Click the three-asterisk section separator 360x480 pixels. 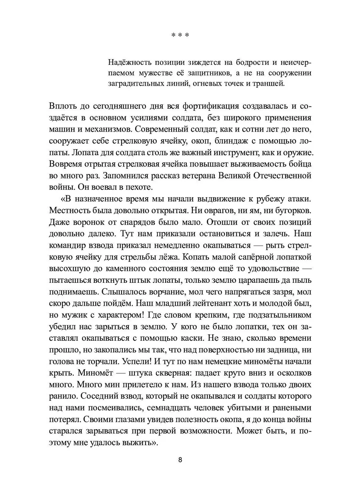tap(180, 35)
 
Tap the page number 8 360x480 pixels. tap(180, 460)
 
